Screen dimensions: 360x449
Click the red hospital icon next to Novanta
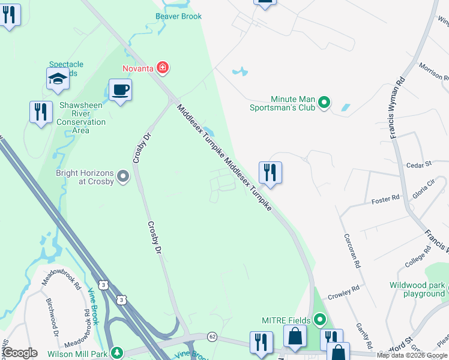[162, 68]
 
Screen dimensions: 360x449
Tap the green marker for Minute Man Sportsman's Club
[324, 103]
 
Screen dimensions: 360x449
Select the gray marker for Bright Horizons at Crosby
[123, 176]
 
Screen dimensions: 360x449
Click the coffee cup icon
[120, 90]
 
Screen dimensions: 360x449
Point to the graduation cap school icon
[58, 79]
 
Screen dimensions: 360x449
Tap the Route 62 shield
[212, 337]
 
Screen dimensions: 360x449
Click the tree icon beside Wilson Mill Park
[119, 351]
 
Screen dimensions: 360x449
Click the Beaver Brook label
[178, 16]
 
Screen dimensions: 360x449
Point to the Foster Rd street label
[385, 199]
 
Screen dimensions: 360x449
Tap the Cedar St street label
[419, 164]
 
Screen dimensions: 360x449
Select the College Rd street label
[418, 257]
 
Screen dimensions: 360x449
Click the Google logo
[19, 353]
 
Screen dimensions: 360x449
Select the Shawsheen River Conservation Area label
[81, 118]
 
